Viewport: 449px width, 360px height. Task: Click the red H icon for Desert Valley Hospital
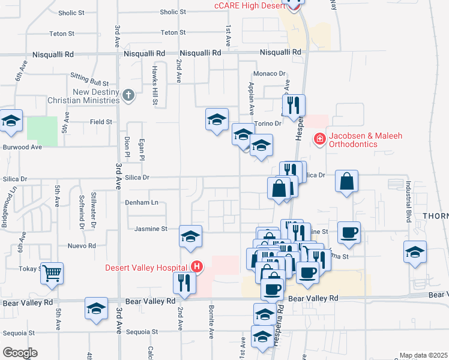coord(196,266)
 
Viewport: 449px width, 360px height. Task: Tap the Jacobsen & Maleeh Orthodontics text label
coord(359,140)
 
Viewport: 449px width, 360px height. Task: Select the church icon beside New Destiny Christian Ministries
coord(128,95)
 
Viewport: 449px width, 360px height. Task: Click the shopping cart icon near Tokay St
coord(52,273)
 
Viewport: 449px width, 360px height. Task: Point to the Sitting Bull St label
coord(89,80)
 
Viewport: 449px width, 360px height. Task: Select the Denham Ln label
coord(141,202)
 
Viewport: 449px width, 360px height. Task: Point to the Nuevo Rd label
coord(82,246)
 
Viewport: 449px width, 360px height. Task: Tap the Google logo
coord(20,352)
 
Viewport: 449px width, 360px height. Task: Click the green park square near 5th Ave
coord(42,131)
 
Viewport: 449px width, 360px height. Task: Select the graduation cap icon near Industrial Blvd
coord(415,252)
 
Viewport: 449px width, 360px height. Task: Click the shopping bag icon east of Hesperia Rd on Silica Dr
coord(347,182)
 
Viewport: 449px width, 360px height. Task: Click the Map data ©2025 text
coord(423,355)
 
